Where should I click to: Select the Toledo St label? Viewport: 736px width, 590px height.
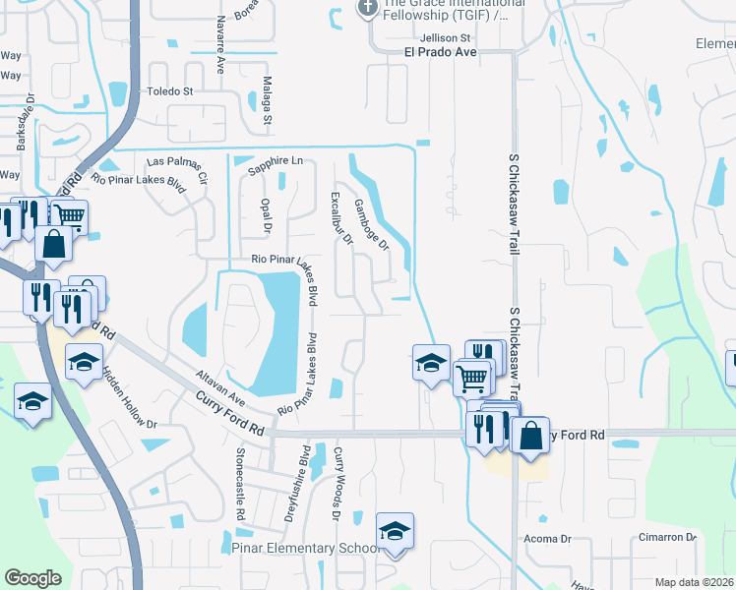[170, 91]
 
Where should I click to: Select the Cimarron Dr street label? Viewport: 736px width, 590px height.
[671, 538]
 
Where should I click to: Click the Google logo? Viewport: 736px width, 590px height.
[32, 578]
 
